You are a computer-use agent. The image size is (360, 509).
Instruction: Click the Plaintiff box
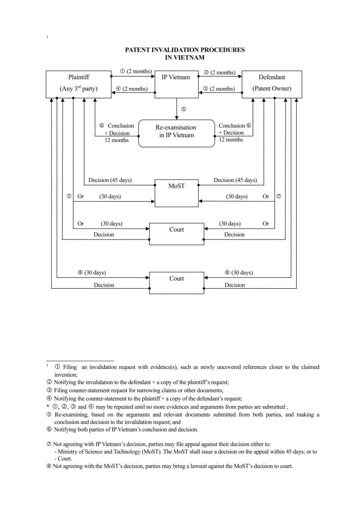tap(76, 83)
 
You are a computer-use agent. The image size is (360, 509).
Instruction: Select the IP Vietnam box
tap(177, 83)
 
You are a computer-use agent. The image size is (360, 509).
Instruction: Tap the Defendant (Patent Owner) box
tap(271, 83)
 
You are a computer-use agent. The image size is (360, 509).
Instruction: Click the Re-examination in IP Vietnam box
tap(176, 132)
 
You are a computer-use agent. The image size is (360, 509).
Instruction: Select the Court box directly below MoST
tap(177, 234)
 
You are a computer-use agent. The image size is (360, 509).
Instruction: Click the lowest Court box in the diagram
tap(177, 283)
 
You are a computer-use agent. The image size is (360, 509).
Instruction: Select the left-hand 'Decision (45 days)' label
tap(110, 180)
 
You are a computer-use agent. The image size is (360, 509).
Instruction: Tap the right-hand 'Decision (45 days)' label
tap(235, 180)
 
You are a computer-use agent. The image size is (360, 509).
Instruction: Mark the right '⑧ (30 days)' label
tap(238, 272)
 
